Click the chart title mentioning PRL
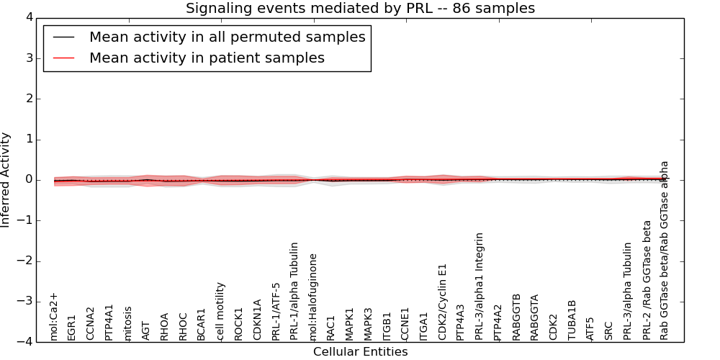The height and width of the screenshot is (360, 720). (360, 9)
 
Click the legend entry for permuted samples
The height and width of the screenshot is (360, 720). (227, 37)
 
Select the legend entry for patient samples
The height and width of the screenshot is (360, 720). (207, 58)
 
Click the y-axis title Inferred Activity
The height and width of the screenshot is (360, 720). (6, 180)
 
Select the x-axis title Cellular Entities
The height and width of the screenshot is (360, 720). (360, 352)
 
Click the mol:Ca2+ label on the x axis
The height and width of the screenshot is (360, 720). (53, 316)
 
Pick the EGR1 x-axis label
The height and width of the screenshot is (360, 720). (72, 327)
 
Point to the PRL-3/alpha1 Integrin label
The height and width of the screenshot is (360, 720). (480, 286)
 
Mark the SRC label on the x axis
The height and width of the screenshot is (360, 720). (609, 330)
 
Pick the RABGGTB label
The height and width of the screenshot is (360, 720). (516, 317)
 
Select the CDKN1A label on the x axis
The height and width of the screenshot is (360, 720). (258, 320)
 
